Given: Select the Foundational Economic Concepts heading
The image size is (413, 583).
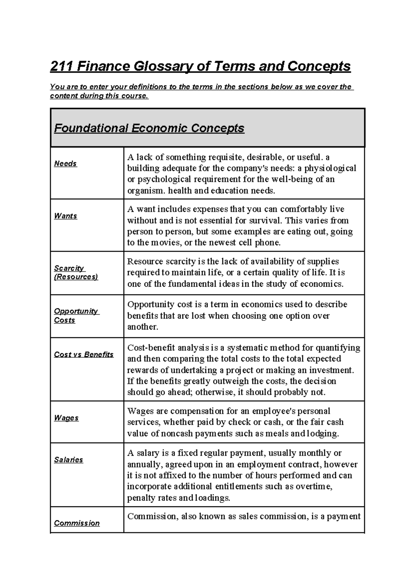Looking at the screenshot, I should pyautogui.click(x=149, y=128).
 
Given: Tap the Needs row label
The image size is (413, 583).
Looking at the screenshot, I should pyautogui.click(x=65, y=164).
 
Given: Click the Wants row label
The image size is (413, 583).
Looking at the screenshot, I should pyautogui.click(x=65, y=216).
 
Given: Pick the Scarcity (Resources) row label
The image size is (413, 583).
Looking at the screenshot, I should pyautogui.click(x=76, y=273).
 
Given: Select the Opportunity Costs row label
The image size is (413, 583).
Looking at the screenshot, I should pyautogui.click(x=76, y=316).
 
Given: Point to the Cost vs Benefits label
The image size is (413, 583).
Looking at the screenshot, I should pyautogui.click(x=84, y=354).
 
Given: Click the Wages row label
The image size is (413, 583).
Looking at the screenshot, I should pyautogui.click(x=66, y=418).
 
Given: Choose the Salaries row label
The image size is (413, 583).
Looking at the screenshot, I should pyautogui.click(x=68, y=460).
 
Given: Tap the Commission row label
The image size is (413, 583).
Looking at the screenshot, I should pyautogui.click(x=77, y=523).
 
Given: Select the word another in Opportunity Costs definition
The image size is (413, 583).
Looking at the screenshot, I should pyautogui.click(x=142, y=327).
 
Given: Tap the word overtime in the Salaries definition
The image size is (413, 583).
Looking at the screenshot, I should pyautogui.click(x=313, y=487).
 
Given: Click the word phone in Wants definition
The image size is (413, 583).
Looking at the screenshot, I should pyautogui.click(x=267, y=243).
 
